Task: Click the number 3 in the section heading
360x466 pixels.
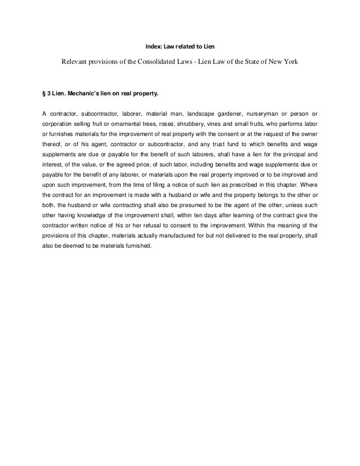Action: coord(49,91)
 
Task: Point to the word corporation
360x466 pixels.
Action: coord(59,121)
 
